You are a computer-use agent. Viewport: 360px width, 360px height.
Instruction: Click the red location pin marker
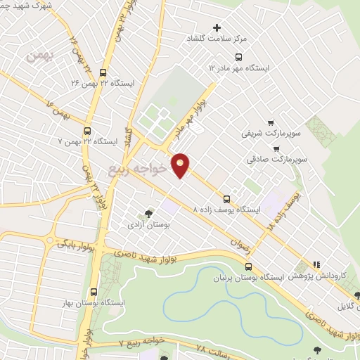[x=181, y=165]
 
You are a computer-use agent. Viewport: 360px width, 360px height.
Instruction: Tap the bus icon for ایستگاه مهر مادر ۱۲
[x=238, y=57]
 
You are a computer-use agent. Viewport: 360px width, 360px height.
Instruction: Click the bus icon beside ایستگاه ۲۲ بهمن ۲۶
[x=103, y=72]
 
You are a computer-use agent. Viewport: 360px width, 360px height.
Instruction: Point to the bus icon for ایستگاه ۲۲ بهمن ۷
[x=87, y=131]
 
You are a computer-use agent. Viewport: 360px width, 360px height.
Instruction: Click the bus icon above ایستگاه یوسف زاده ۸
[x=226, y=199]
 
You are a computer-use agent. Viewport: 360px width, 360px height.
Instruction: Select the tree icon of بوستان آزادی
[x=148, y=214]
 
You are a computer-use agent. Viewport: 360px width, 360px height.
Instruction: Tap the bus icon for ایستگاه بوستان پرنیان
[x=248, y=266]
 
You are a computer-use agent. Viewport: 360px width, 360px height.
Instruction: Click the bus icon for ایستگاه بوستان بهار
[x=94, y=292]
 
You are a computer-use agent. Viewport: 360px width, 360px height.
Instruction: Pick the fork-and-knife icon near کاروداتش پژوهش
[x=317, y=265]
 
